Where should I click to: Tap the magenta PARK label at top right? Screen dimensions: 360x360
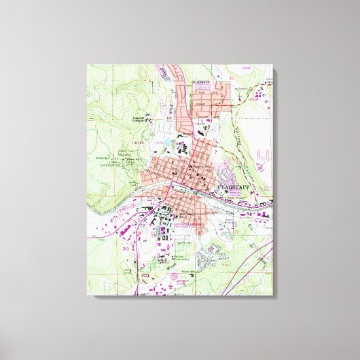pos(253,88)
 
